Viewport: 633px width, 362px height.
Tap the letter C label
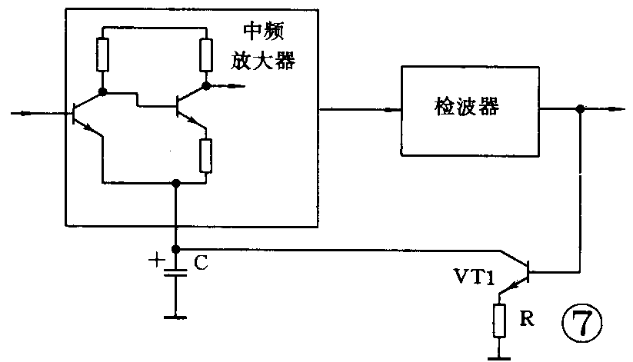pyautogui.click(x=199, y=264)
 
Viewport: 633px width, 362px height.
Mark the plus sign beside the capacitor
pyautogui.click(x=156, y=261)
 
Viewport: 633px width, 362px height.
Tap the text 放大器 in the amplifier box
pyautogui.click(x=265, y=61)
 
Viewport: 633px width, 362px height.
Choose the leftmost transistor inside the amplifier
pyautogui.click(x=84, y=113)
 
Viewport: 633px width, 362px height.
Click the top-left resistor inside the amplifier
pyautogui.click(x=102, y=54)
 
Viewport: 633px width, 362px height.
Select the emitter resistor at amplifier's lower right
pyautogui.click(x=205, y=155)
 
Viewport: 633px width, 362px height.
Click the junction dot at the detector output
pyautogui.click(x=581, y=110)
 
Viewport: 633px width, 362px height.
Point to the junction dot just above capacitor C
pyautogui.click(x=176, y=249)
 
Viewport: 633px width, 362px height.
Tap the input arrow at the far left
pyautogui.click(x=27, y=114)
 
